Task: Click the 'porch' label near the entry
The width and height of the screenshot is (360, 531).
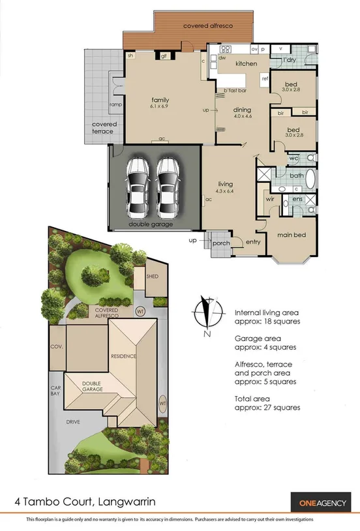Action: tap(221, 243)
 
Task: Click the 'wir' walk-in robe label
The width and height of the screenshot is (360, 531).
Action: tap(269, 198)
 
